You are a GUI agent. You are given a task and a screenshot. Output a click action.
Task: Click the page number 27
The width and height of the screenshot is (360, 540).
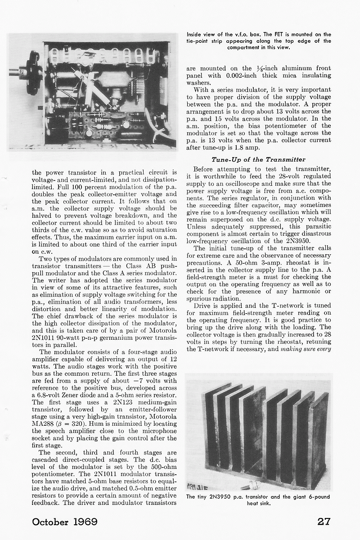pos(324,521)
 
